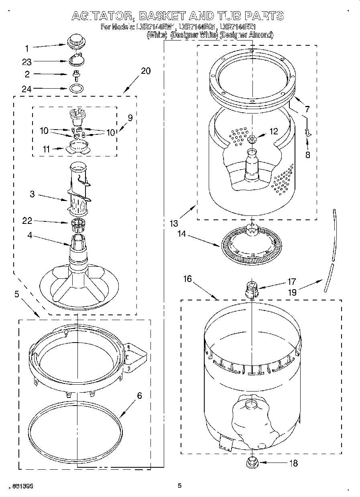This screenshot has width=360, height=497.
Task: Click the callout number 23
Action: (26, 62)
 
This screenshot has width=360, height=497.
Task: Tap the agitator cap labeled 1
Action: (75, 41)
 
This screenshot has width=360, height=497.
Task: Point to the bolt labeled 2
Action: (75, 74)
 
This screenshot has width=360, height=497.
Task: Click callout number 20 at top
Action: (146, 71)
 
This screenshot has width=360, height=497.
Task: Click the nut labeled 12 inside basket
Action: (252, 139)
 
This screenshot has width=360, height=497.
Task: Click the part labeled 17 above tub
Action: (250, 289)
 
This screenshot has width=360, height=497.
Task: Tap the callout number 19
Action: (292, 292)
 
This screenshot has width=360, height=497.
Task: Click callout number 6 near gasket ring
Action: (139, 396)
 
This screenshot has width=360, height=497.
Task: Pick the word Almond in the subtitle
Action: (260, 35)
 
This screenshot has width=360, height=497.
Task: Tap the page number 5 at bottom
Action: (179, 486)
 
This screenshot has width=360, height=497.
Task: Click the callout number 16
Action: (187, 279)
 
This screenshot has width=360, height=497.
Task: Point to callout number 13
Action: (173, 223)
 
